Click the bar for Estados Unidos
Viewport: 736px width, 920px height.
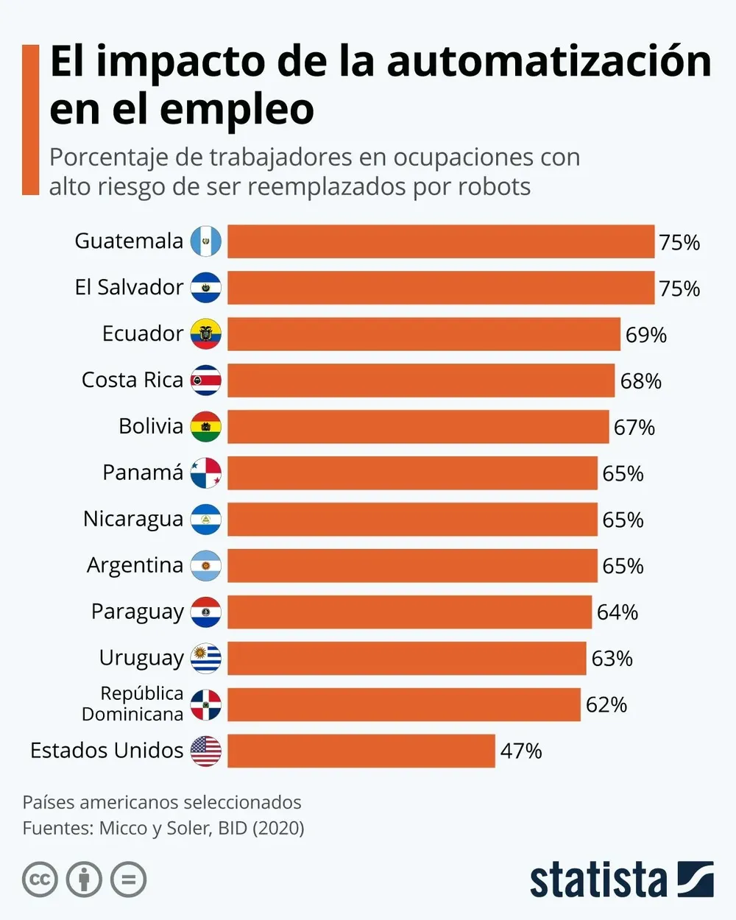[361, 751]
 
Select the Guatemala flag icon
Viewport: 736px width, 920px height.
[205, 241]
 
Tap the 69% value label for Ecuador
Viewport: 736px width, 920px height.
[645, 335]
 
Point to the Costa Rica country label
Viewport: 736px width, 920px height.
[132, 380]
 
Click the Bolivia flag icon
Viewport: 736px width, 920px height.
[205, 427]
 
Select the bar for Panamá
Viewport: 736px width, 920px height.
[412, 473]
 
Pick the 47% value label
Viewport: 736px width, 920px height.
[520, 751]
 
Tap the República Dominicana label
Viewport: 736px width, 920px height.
[132, 704]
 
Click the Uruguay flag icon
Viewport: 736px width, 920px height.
[205, 658]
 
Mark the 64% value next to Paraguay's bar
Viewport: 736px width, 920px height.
[617, 612]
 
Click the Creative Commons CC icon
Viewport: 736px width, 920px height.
[40, 880]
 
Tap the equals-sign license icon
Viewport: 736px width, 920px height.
[128, 880]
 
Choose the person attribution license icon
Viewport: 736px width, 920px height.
[84, 880]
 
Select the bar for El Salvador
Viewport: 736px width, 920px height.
[440, 288]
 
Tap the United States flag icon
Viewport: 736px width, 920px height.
[205, 751]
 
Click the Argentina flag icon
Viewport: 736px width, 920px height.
[205, 566]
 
